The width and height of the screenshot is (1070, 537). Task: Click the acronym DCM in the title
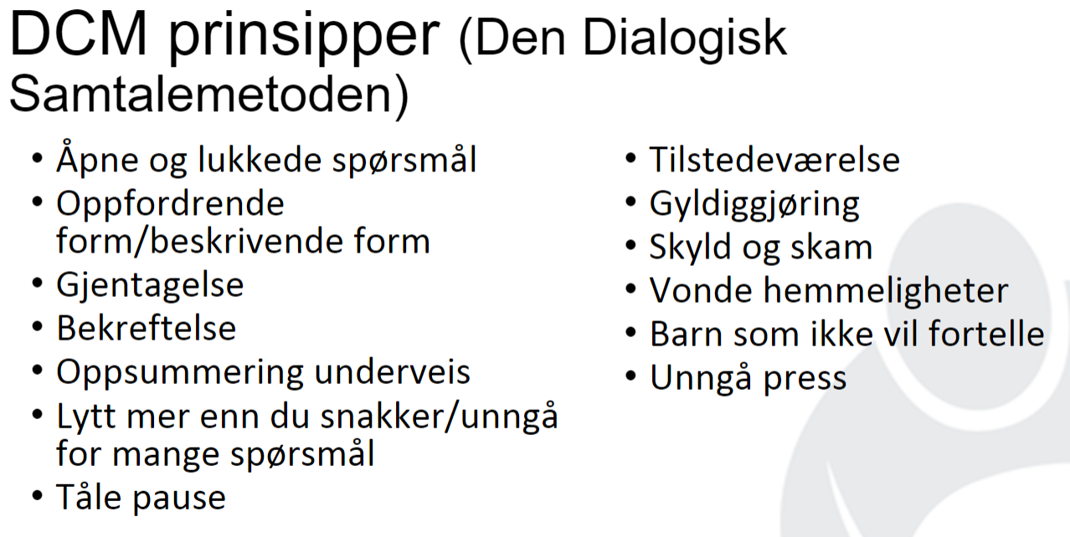point(79,33)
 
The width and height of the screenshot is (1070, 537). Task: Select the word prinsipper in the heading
point(304,38)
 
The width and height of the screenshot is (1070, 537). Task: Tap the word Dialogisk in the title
point(685,39)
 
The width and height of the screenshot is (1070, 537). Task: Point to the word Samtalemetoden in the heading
point(201,94)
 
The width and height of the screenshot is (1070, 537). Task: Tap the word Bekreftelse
point(147,328)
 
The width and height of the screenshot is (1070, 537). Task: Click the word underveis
point(392,372)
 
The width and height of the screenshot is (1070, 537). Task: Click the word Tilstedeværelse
point(774,160)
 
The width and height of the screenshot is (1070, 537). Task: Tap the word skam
point(831,248)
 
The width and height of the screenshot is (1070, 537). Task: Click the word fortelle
point(986,333)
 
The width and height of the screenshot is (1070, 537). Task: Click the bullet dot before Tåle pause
point(38,495)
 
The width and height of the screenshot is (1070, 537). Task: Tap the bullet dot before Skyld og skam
point(630,245)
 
